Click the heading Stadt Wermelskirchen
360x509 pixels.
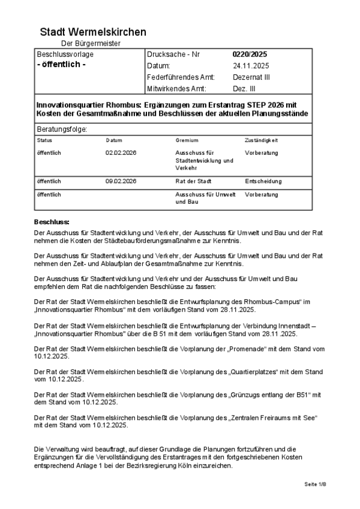pos(93,32)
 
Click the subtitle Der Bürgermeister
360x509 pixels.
pos(91,44)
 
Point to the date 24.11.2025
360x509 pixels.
pos(251,66)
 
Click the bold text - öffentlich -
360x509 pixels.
pos(61,65)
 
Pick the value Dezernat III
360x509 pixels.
pos(251,77)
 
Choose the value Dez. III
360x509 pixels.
pos(244,89)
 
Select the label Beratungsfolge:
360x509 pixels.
pos(62,129)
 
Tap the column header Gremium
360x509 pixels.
pos(187,140)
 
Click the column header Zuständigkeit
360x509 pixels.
pos(261,140)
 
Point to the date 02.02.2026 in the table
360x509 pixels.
pos(121,153)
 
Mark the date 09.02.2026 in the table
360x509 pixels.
pos(121,181)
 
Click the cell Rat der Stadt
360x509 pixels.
pos(194,181)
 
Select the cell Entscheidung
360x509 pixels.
pos(263,181)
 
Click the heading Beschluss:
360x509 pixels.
pos(52,222)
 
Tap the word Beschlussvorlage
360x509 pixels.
pos(65,55)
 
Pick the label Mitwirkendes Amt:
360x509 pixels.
pos(176,89)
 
